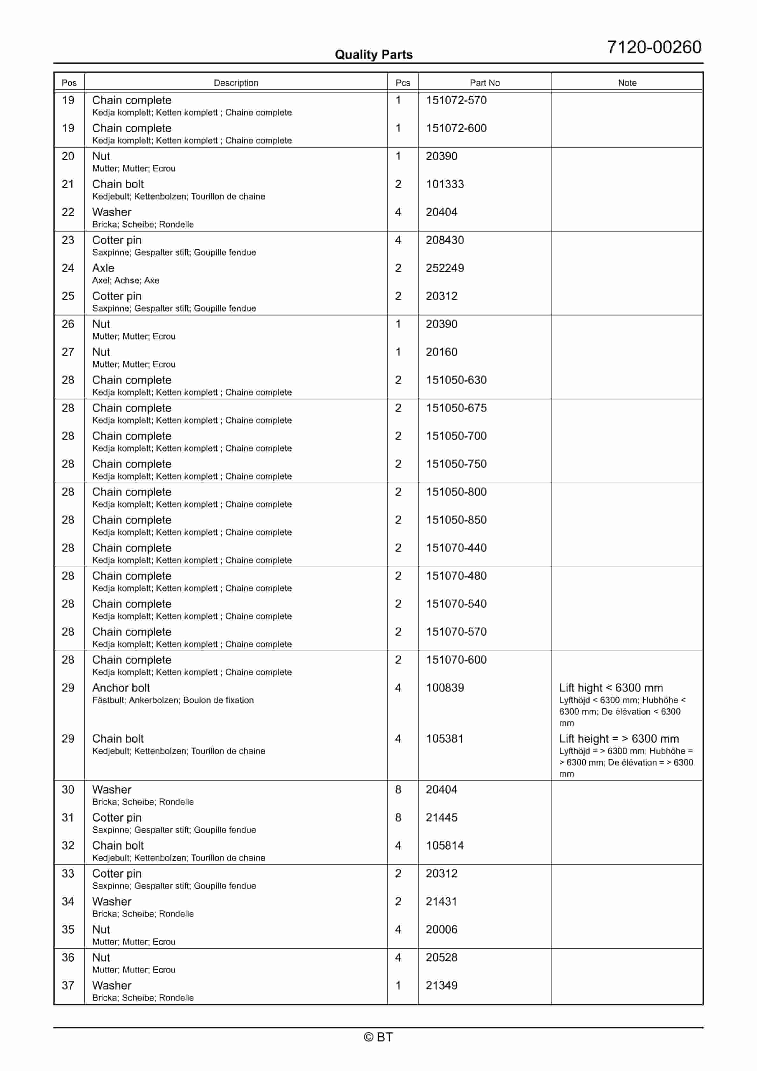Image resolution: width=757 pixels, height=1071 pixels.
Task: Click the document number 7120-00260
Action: pos(654,47)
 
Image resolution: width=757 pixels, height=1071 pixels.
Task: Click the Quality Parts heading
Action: pos(373,55)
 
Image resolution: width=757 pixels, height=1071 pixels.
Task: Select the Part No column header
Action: pos(484,83)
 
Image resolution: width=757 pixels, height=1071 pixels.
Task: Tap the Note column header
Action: pos(627,83)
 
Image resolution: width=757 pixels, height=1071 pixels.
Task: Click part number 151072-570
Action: pos(456,100)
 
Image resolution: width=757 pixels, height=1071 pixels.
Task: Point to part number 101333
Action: pos(445,184)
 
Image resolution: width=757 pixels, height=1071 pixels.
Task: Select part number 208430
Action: pos(445,240)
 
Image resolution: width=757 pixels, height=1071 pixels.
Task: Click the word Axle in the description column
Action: pos(103,268)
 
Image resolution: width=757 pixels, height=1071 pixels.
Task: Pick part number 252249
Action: pos(445,268)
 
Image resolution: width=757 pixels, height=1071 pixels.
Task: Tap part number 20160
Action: pos(441,352)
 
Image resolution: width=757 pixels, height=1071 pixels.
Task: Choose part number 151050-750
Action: pos(456,464)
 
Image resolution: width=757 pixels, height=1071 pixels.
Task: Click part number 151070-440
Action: pos(456,548)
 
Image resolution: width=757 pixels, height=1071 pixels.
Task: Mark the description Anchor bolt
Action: pos(121,688)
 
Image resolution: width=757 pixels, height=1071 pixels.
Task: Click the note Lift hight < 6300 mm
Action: pos(611,688)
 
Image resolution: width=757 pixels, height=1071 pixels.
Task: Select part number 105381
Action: pos(445,739)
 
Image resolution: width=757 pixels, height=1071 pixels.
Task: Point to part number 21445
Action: pos(441,818)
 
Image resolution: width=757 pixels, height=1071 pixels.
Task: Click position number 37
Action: pos(68,986)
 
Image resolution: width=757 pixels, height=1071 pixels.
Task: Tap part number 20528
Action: pos(441,958)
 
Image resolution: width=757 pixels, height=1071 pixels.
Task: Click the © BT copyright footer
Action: pos(378,1037)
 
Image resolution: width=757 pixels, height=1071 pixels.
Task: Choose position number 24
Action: pos(68,268)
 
